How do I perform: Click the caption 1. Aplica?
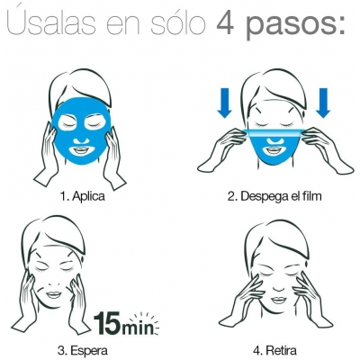pos(83,196)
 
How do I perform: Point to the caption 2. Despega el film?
pos(274,197)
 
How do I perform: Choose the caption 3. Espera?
pos(83,350)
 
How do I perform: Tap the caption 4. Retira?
pos(275,350)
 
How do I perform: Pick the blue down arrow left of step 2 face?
pos(224,103)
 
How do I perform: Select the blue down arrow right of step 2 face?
pos(323,103)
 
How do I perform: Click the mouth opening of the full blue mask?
pos(81,149)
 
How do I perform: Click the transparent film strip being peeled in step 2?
pos(274,133)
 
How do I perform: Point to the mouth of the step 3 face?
pos(54,294)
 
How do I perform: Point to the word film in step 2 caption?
pos(310,196)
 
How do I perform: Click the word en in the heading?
pos(123,25)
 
